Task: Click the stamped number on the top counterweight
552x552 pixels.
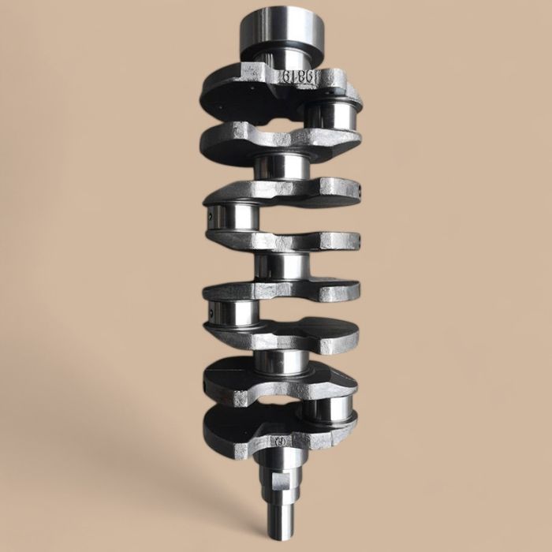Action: click(x=299, y=76)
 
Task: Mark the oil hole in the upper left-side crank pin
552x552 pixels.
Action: click(x=211, y=211)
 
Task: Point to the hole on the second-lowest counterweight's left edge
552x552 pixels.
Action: click(x=206, y=385)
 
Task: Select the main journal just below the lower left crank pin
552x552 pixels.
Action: click(x=281, y=361)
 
